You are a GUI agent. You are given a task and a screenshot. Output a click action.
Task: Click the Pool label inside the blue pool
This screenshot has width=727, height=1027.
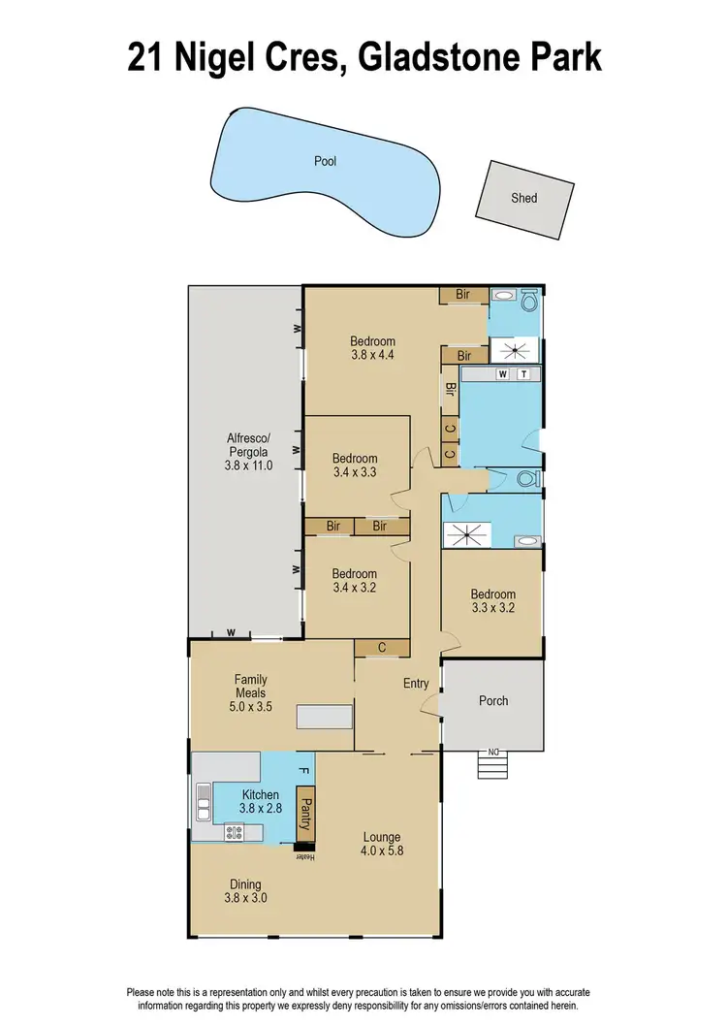(325, 161)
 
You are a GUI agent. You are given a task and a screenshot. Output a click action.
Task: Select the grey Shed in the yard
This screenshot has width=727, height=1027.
(523, 198)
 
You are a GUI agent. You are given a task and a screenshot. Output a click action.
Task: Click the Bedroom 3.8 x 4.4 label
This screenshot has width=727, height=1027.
(372, 347)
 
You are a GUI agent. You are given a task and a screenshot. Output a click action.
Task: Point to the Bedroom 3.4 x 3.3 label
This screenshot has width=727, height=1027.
(354, 465)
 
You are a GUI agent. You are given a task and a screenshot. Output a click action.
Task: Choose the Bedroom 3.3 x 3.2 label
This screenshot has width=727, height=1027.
(492, 601)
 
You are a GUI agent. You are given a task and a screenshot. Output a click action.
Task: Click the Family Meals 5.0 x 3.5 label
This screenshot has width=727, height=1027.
(250, 692)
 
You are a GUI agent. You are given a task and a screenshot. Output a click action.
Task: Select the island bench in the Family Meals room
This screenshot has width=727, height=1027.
(325, 717)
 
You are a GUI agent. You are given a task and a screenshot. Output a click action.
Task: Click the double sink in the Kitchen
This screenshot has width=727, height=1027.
(204, 801)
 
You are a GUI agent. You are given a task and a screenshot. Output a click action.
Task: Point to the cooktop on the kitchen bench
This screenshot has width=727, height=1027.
(234, 830)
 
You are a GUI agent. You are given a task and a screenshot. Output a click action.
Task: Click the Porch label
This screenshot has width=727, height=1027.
(492, 701)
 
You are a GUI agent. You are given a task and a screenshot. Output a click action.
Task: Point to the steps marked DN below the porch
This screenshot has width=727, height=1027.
(492, 765)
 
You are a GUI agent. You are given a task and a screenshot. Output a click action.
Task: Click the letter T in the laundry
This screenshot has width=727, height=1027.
(523, 373)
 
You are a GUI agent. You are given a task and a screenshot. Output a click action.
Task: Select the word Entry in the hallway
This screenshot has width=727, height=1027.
(416, 684)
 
